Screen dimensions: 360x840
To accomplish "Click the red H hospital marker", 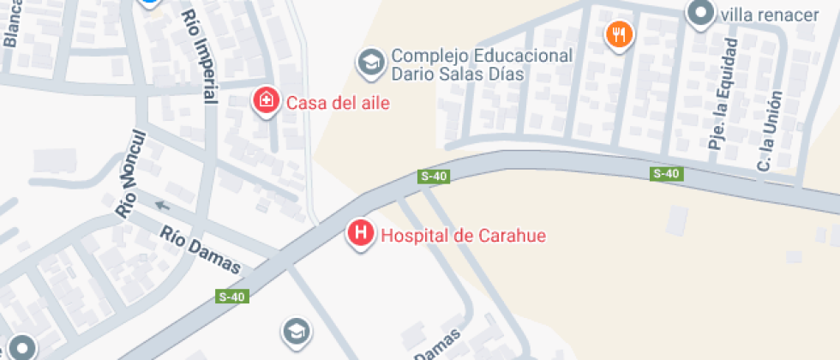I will (362, 233).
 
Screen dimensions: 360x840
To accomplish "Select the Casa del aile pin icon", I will (267, 101).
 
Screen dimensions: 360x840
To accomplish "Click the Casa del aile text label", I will (338, 104).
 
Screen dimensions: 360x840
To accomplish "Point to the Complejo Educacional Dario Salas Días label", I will (482, 65).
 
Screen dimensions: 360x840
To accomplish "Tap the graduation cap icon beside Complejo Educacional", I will (370, 62).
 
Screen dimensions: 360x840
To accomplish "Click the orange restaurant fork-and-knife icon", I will (618, 35).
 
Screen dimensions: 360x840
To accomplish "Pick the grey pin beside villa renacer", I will (701, 13).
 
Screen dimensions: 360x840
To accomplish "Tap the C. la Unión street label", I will (765, 129).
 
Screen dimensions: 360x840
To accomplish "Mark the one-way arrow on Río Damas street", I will (163, 206).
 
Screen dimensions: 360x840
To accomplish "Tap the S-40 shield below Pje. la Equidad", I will (666, 174).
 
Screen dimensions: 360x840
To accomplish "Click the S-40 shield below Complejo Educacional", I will (434, 177).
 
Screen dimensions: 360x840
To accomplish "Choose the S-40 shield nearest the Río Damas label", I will (231, 297).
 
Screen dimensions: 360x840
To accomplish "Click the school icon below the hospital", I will (295, 331).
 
